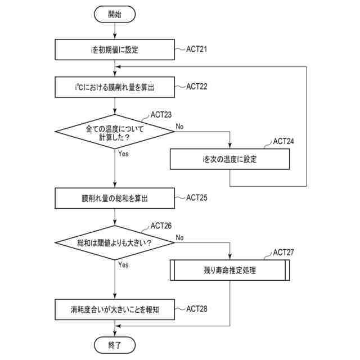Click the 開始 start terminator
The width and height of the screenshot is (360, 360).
(x=115, y=14)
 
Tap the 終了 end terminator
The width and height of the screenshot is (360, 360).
(x=115, y=345)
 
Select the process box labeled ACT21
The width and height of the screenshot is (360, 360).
(x=115, y=49)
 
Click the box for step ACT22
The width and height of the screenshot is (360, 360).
(x=115, y=87)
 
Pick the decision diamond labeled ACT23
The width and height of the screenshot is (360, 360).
(x=115, y=132)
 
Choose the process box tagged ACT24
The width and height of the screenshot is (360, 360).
(x=230, y=159)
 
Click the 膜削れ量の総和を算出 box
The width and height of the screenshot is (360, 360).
(x=115, y=199)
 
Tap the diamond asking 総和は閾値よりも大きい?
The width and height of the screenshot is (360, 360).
(x=115, y=242)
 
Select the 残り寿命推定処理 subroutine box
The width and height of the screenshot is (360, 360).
(x=230, y=270)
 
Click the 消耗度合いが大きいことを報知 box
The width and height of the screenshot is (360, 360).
(x=115, y=309)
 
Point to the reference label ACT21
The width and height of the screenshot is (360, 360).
(x=196, y=49)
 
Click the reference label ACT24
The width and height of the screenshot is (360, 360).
(x=283, y=141)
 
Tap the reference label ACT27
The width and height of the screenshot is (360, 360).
(x=283, y=253)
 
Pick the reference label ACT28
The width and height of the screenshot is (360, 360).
(x=196, y=309)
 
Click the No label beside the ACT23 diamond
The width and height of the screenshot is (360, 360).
(x=179, y=127)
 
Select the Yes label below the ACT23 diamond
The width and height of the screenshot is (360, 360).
(x=123, y=154)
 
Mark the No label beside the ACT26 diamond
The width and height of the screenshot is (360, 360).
(x=179, y=237)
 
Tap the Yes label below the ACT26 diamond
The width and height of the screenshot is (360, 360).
(x=123, y=265)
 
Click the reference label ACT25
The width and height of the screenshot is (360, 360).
(x=196, y=197)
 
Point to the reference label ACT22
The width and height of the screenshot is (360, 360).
(x=196, y=87)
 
